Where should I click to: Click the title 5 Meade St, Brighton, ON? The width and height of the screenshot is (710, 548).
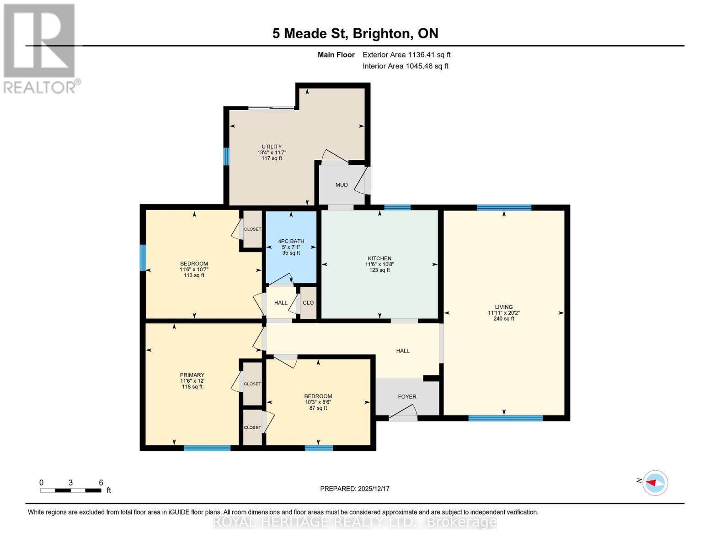click(x=355, y=33)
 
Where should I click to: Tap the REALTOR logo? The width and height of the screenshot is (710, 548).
click(x=40, y=48)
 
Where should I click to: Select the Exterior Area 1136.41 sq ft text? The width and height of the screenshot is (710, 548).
click(x=406, y=55)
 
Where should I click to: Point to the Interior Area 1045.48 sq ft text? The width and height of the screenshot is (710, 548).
click(x=406, y=66)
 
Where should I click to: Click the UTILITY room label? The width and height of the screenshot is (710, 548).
click(x=272, y=147)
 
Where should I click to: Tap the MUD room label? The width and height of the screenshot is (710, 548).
click(x=342, y=185)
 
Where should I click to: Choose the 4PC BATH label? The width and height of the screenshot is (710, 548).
click(x=291, y=241)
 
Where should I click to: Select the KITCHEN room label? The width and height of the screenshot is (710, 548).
click(x=379, y=258)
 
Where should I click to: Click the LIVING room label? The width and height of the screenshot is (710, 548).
click(x=504, y=307)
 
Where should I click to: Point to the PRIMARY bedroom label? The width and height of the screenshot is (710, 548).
click(x=192, y=375)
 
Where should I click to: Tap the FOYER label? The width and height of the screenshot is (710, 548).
click(x=407, y=397)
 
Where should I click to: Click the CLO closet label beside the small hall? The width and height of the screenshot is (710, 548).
click(x=308, y=303)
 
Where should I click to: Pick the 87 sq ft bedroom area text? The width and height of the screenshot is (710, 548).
click(x=318, y=408)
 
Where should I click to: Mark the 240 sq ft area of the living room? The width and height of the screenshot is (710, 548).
click(x=504, y=319)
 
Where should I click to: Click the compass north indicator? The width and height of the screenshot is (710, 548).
click(x=655, y=483)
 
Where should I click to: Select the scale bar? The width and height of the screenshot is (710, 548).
click(x=70, y=490)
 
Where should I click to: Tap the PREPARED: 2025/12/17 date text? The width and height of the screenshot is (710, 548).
click(x=355, y=489)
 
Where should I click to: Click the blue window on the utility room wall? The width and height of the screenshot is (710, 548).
click(x=226, y=156)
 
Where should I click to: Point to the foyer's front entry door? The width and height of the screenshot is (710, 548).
click(x=403, y=415)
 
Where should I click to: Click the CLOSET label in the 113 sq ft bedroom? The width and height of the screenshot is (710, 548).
click(x=252, y=229)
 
